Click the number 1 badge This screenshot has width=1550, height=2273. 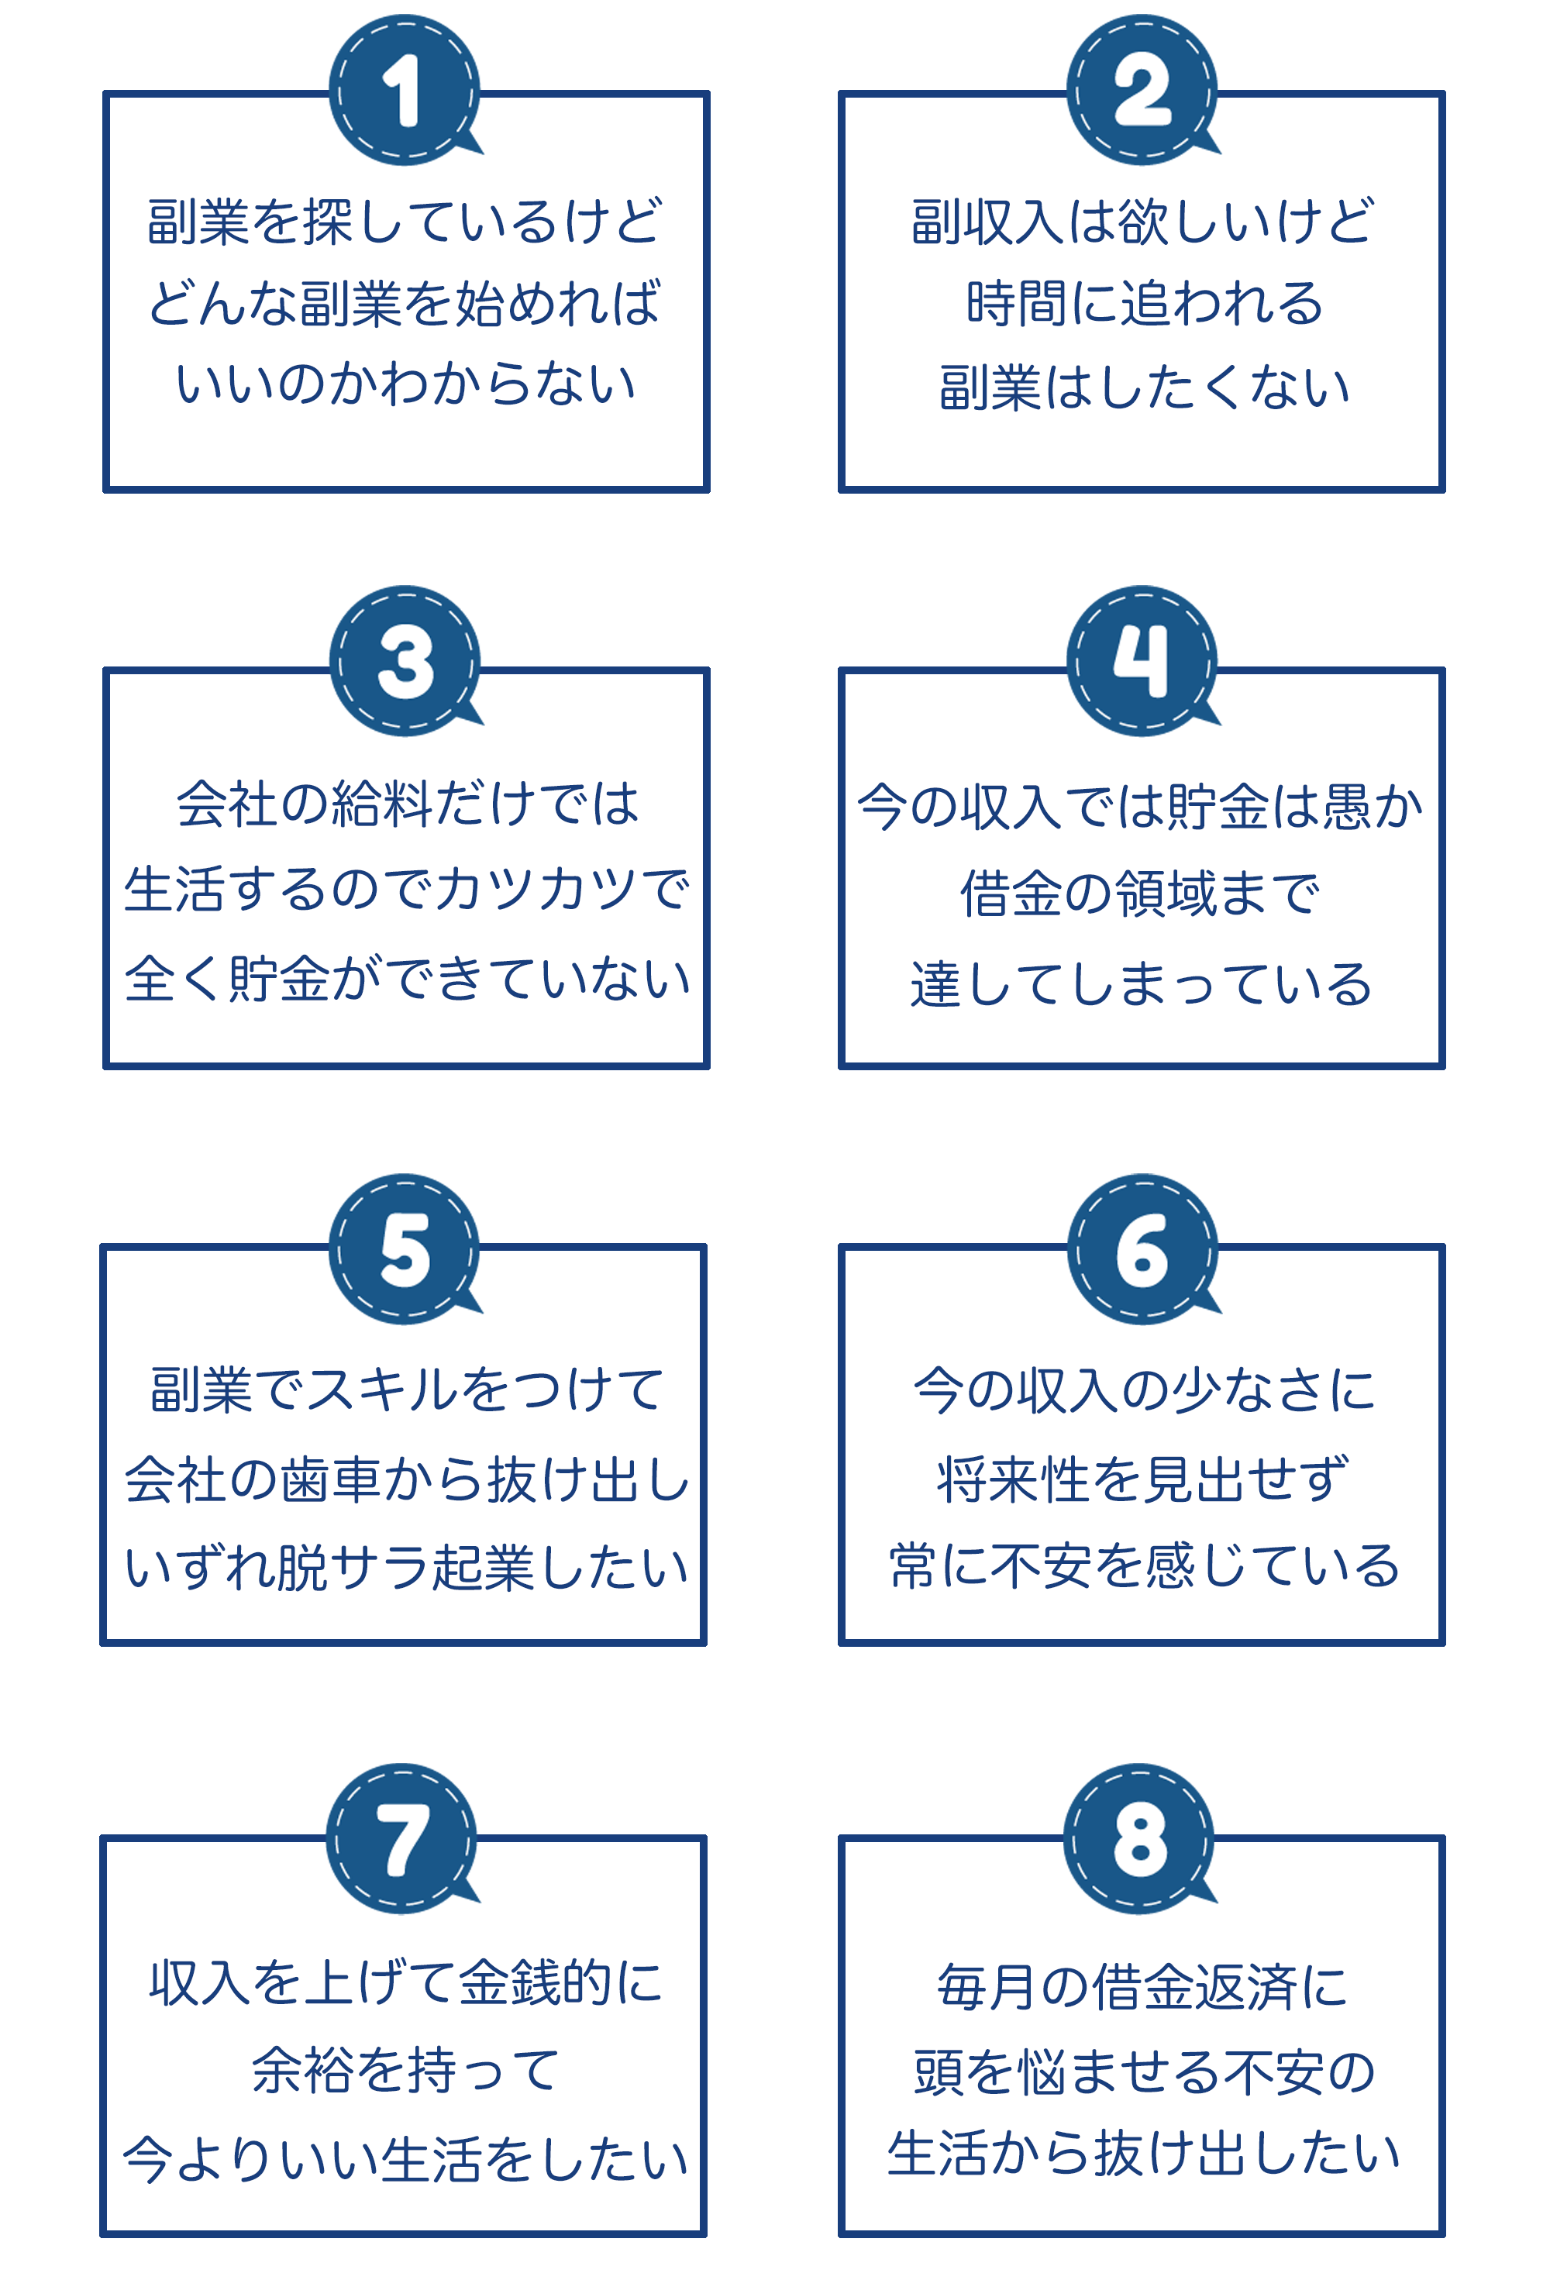point(405,89)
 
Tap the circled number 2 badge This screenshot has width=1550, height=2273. point(1142,89)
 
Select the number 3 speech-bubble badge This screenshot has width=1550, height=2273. point(405,660)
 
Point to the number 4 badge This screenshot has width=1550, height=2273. point(1142,660)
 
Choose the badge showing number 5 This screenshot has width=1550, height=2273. point(405,1249)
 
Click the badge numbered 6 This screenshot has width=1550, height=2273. point(1142,1249)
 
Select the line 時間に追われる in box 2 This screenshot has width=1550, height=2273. point(1144,302)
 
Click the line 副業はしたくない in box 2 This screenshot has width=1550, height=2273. point(1144,387)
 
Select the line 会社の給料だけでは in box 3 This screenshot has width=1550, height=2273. point(408,803)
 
